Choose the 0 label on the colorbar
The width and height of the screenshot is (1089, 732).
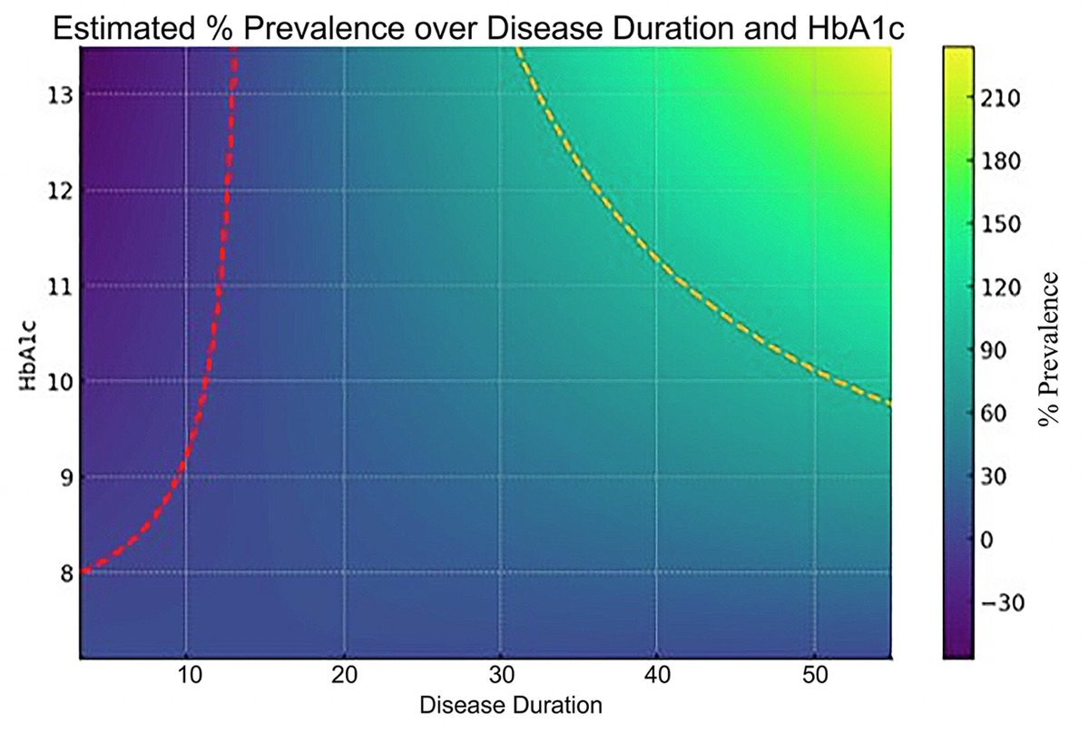[x=987, y=541]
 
